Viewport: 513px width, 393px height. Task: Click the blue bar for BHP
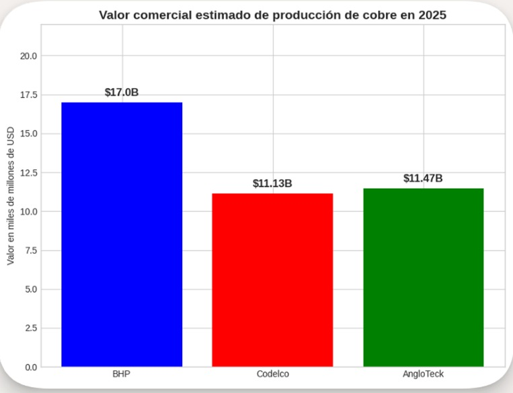point(122,234)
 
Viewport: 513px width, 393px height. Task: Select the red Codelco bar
point(272,280)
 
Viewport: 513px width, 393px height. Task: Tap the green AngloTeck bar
point(423,277)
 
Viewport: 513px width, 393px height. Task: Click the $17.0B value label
point(122,93)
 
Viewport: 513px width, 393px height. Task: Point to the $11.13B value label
point(272,183)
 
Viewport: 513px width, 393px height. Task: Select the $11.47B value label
point(423,178)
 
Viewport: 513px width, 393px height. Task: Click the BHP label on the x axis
point(122,374)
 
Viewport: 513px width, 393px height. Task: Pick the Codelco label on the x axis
point(272,374)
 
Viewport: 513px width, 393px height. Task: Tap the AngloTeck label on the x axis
point(423,374)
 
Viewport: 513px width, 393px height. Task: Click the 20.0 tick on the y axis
point(28,56)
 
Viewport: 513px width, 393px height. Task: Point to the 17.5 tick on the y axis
point(28,95)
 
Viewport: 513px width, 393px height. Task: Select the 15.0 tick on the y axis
point(28,134)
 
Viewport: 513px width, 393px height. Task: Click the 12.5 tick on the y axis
point(28,173)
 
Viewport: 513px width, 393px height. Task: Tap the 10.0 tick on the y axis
point(28,212)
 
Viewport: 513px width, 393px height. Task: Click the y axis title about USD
point(10,195)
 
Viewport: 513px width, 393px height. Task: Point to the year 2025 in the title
point(432,15)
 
